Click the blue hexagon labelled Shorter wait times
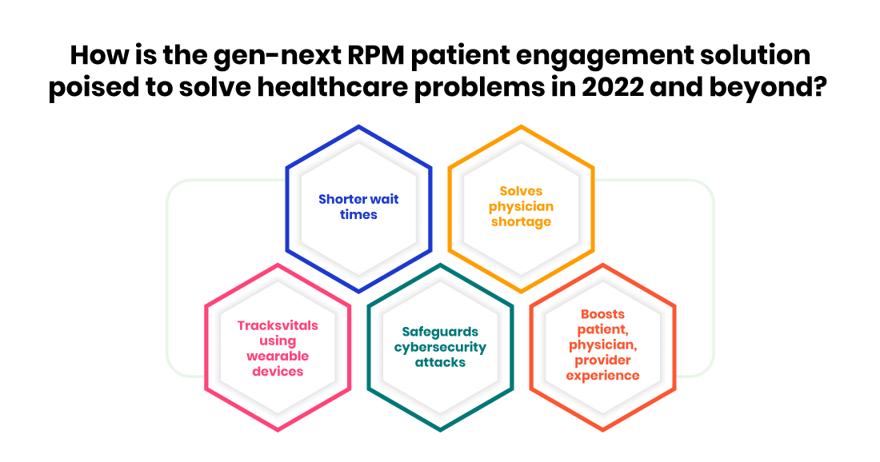pos(358,208)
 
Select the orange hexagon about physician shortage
pos(521,208)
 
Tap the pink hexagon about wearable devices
pos(278,348)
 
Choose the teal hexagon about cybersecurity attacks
pos(440,348)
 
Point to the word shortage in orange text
pos(521,221)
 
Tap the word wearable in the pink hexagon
pos(278,356)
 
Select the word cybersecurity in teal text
pos(440,347)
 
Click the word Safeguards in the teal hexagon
pos(440,332)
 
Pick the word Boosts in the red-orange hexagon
pos(602,315)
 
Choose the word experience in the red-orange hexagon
pos(602,375)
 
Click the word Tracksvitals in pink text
pos(278,325)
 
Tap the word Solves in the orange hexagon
pos(521,191)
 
